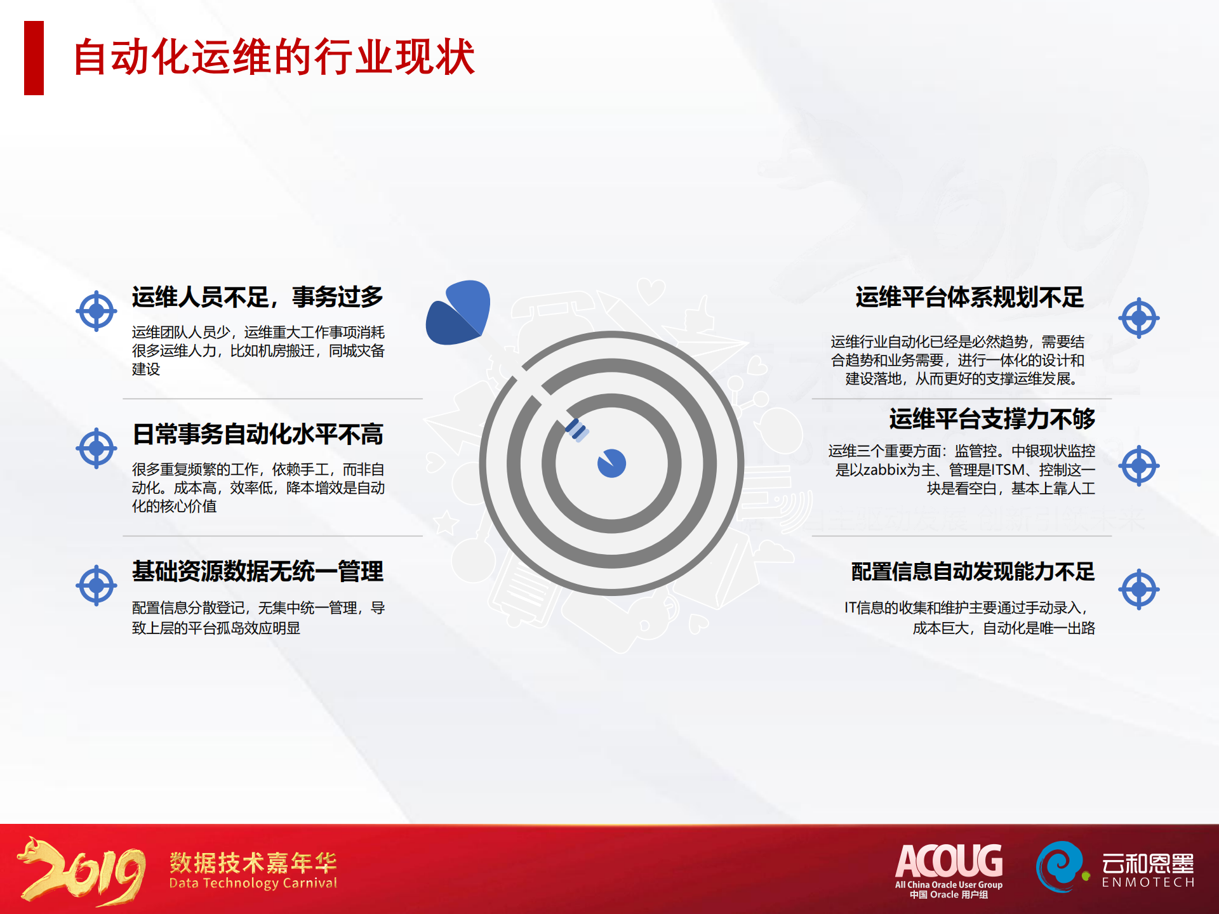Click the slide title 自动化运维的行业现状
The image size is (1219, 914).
click(x=274, y=57)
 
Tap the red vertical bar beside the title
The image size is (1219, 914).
click(x=34, y=58)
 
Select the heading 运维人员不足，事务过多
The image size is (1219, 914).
click(x=258, y=297)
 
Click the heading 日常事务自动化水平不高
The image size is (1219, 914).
click(x=258, y=434)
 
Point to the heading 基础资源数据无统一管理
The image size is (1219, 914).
click(x=258, y=571)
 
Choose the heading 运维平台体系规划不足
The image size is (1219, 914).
click(x=969, y=297)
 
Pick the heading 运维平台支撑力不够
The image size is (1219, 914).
click(x=992, y=419)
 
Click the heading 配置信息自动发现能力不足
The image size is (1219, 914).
click(x=973, y=571)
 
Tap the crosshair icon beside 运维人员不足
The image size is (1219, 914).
click(x=97, y=311)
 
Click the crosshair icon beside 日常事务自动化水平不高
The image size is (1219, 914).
click(x=97, y=448)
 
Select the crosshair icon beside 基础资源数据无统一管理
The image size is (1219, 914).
click(x=97, y=585)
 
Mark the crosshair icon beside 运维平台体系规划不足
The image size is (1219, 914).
click(x=1139, y=317)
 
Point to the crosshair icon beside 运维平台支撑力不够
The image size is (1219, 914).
click(x=1139, y=466)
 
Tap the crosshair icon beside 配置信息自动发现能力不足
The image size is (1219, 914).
click(x=1139, y=589)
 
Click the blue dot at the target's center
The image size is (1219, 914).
click(x=611, y=463)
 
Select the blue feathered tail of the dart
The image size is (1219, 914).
click(x=458, y=312)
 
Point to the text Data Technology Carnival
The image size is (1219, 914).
click(x=253, y=884)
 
